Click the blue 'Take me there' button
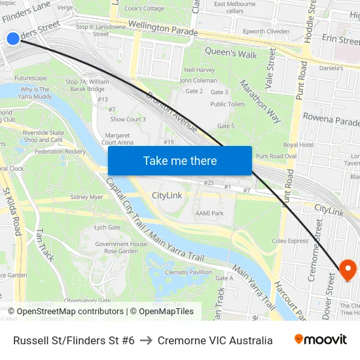(x=179, y=160)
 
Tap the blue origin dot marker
(x=12, y=39)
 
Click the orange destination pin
(x=347, y=268)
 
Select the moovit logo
(x=320, y=340)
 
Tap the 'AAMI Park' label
(x=209, y=213)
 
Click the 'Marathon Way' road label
(x=260, y=101)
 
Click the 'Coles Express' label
(x=289, y=241)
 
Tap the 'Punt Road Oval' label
(x=276, y=156)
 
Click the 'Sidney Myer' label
(x=87, y=197)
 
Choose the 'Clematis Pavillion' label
(x=189, y=272)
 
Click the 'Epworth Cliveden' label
(x=265, y=31)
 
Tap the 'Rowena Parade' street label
(x=331, y=121)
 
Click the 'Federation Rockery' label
(x=60, y=151)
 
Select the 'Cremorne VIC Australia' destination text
(x=215, y=340)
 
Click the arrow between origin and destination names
(x=146, y=340)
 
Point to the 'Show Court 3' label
(x=128, y=119)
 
